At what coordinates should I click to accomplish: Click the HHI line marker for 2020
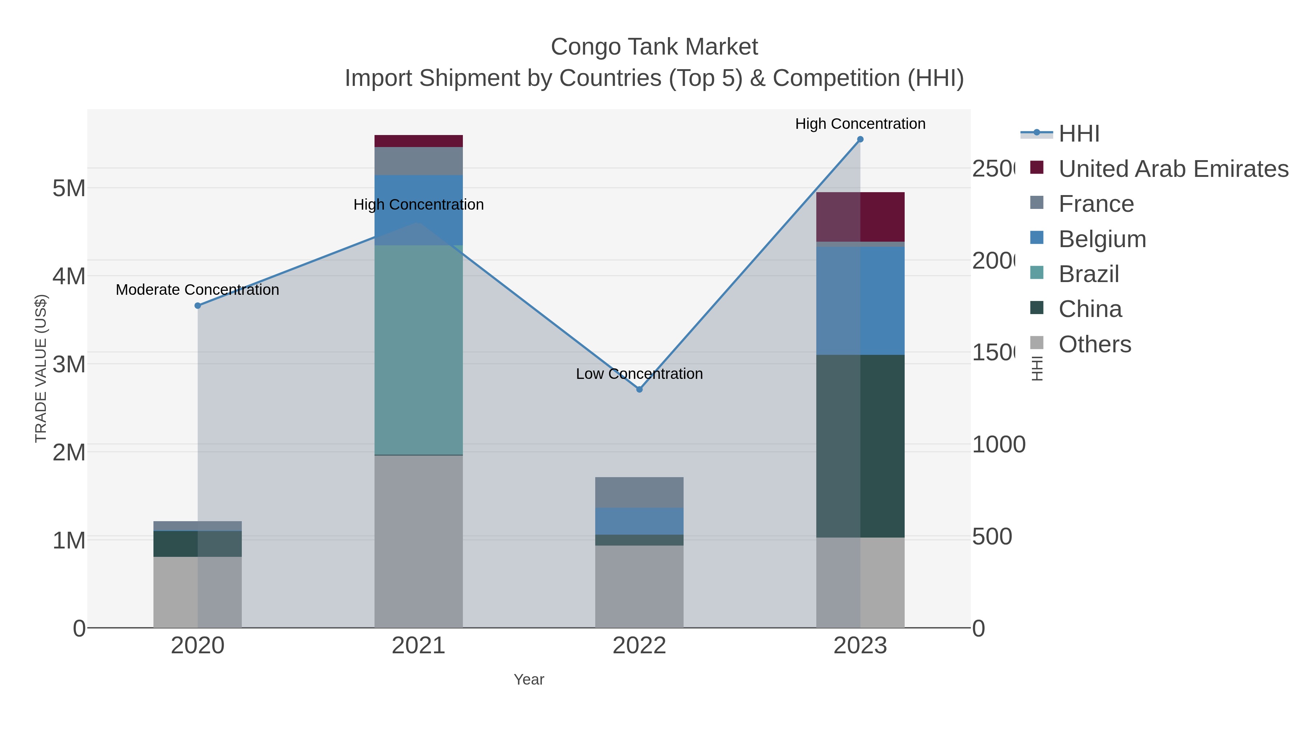[x=198, y=306]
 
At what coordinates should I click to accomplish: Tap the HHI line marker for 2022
[x=639, y=389]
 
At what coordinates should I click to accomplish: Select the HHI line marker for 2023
[x=860, y=139]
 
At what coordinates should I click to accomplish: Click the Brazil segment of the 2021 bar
[x=418, y=350]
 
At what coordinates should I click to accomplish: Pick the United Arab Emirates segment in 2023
[x=860, y=217]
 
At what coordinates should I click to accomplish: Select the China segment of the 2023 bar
[x=860, y=446]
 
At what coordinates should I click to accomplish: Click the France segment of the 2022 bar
[x=639, y=492]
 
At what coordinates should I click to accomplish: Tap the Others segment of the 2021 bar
[x=418, y=541]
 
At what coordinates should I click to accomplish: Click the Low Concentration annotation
[x=639, y=374]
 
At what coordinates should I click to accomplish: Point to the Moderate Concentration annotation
[x=198, y=290]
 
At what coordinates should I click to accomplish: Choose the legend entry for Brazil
[x=1088, y=274]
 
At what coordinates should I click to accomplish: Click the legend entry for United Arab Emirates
[x=1173, y=169]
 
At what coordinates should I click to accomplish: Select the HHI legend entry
[x=1079, y=134]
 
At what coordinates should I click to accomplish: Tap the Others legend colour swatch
[x=1037, y=343]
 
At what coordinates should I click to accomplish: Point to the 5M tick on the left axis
[x=69, y=188]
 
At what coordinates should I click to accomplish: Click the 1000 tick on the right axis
[x=998, y=444]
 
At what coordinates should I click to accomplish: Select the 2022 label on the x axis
[x=639, y=646]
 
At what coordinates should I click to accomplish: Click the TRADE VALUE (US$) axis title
[x=41, y=368]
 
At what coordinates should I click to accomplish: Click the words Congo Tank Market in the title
[x=654, y=47]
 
